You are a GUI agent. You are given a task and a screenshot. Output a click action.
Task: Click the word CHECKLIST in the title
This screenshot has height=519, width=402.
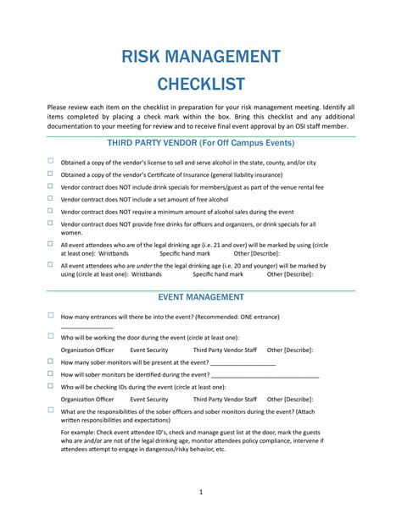200,85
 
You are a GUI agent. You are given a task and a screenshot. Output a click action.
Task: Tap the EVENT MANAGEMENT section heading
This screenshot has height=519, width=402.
201,297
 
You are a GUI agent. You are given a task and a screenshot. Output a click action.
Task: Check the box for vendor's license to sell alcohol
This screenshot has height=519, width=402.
51,160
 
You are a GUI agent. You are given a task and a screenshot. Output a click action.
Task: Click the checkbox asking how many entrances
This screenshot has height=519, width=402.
51,315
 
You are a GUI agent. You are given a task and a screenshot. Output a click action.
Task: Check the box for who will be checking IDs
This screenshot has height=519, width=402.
51,384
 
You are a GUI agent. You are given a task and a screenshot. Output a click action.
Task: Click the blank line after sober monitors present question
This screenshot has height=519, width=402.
244,362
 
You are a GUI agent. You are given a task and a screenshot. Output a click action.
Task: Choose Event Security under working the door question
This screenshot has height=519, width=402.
149,349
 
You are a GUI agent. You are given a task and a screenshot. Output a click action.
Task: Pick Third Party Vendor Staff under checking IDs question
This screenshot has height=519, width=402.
224,398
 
